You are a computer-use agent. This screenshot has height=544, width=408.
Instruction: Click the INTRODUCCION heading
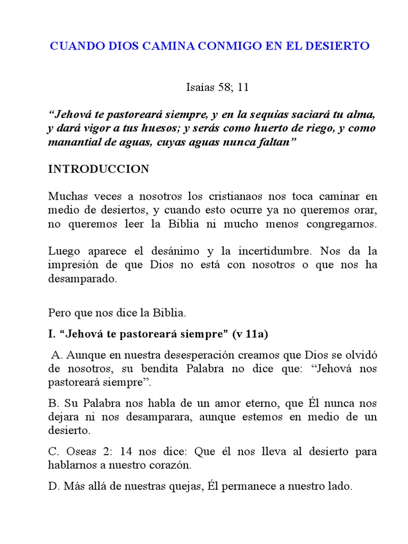(99, 169)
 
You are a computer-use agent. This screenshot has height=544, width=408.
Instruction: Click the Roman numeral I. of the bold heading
(52, 334)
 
